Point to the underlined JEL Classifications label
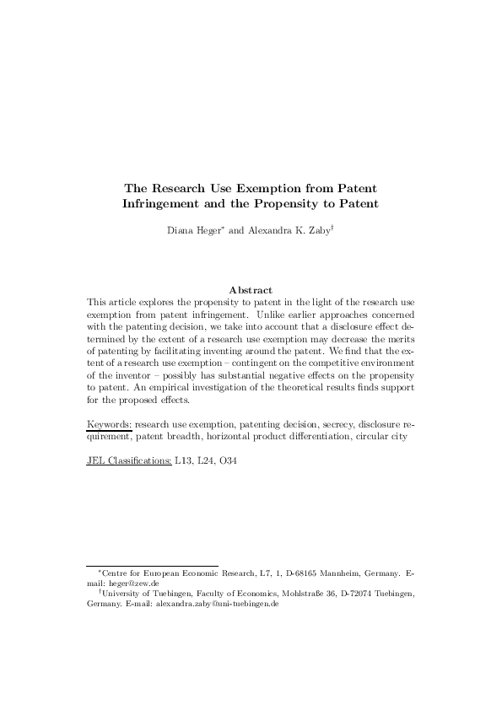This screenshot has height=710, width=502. tap(129, 460)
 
